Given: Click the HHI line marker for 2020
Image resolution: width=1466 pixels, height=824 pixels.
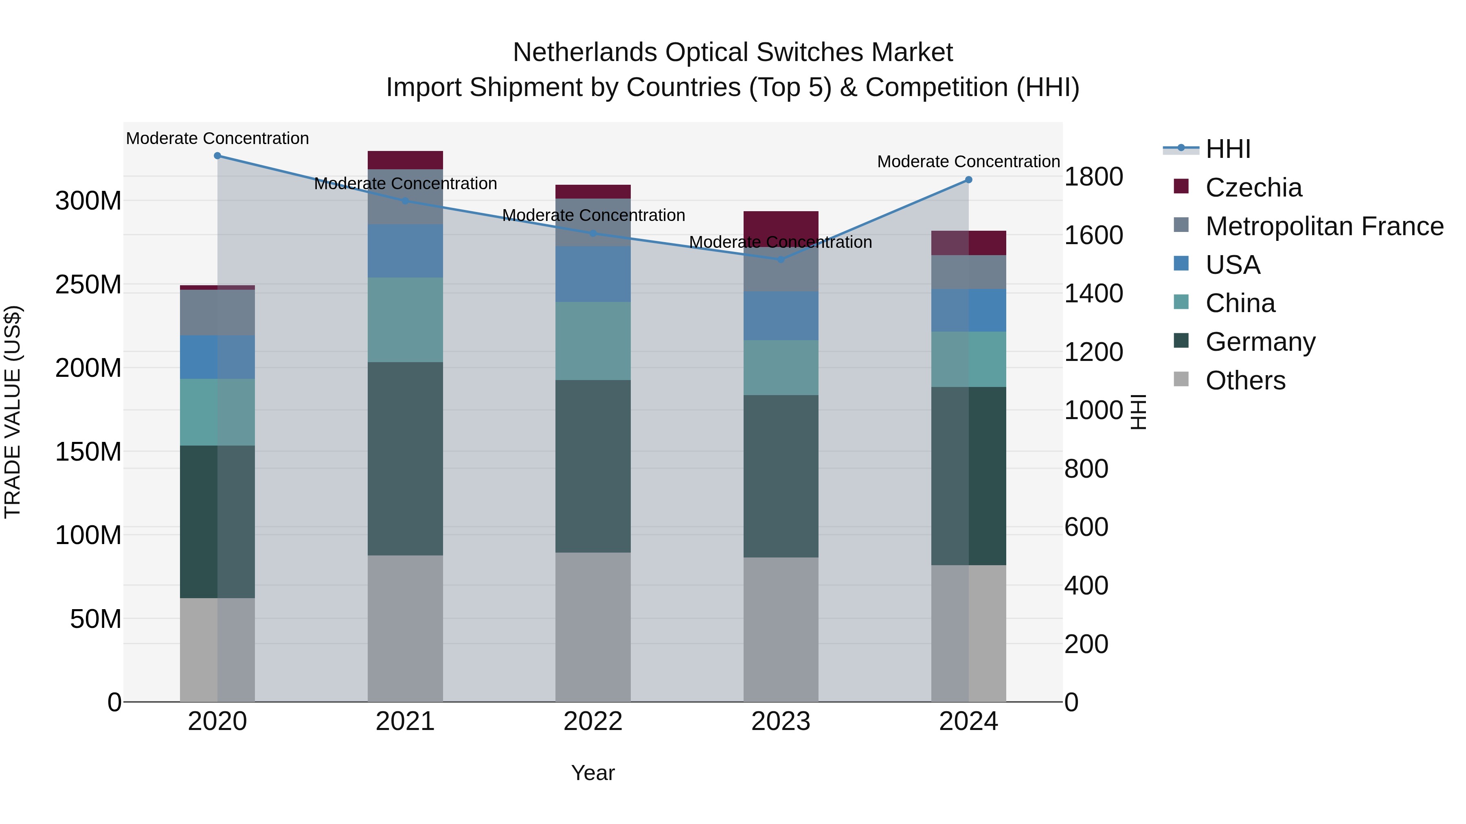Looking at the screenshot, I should (x=217, y=156).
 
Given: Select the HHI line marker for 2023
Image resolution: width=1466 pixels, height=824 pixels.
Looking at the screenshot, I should (x=781, y=259).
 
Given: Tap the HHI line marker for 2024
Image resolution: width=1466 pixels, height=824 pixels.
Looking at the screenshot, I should (x=969, y=180).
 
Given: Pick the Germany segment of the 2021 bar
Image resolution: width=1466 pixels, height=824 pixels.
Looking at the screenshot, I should (x=405, y=458).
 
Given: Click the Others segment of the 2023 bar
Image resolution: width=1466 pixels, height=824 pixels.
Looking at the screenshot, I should (x=781, y=629).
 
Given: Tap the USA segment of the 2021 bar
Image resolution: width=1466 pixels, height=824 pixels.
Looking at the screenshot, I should (x=405, y=251).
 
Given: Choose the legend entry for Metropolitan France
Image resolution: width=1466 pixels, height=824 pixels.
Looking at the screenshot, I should (x=1324, y=226).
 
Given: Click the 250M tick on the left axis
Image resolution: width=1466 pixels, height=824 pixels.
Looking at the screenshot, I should (x=88, y=284).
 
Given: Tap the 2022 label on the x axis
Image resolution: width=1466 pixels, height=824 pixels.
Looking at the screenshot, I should (x=593, y=721).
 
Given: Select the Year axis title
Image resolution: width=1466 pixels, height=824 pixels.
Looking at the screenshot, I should (x=593, y=773).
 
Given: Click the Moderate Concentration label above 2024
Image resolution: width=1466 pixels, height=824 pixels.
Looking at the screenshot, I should (x=969, y=162).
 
